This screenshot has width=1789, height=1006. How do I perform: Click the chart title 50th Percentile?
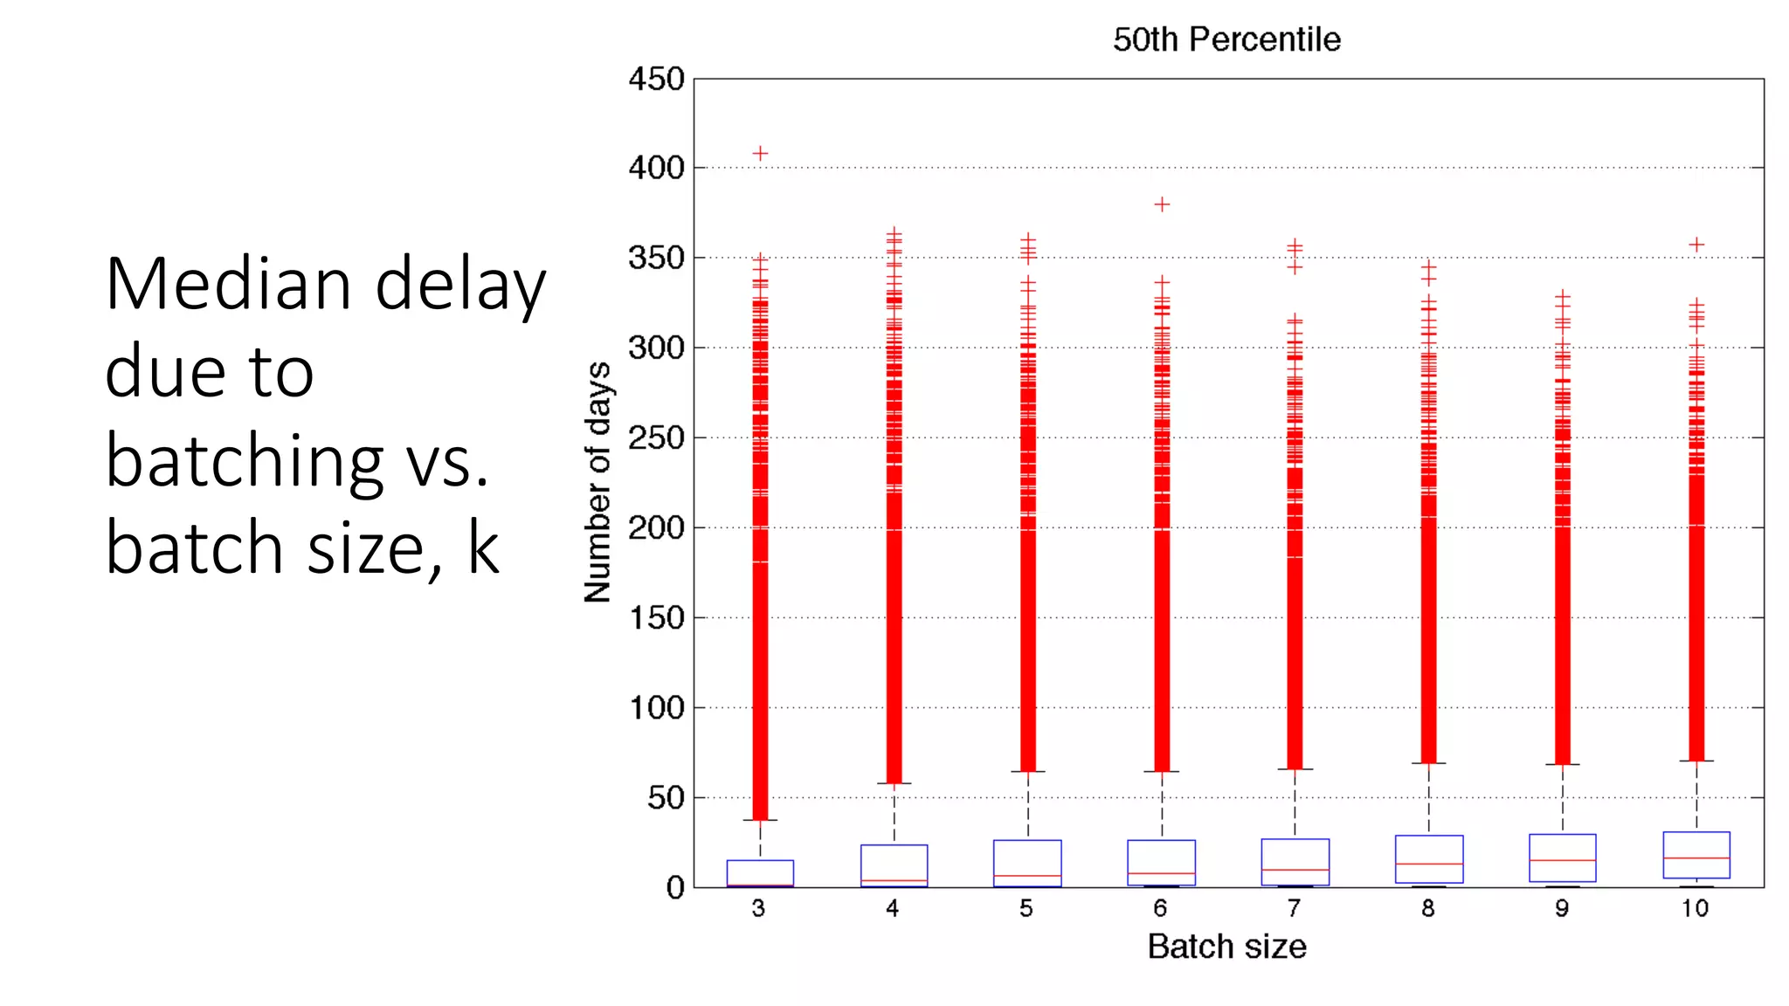(x=1226, y=39)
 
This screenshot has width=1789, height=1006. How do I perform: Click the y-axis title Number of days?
(x=597, y=482)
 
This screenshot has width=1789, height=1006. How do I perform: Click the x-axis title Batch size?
(x=1226, y=947)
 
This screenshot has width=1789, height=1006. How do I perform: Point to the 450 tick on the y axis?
(x=656, y=79)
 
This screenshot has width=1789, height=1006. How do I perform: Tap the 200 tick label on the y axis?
(x=656, y=527)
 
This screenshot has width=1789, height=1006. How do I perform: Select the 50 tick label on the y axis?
(x=666, y=797)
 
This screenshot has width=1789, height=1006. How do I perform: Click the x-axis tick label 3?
(x=758, y=908)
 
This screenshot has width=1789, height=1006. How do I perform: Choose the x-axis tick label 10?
(x=1695, y=908)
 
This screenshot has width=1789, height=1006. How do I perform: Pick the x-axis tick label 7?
(x=1294, y=908)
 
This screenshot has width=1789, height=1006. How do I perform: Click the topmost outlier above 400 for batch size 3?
(x=760, y=154)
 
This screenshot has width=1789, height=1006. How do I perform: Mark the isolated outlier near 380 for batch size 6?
(x=1162, y=204)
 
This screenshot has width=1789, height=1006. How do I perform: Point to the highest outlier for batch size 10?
(x=1696, y=245)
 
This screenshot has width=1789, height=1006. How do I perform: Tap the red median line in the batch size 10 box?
(x=1696, y=858)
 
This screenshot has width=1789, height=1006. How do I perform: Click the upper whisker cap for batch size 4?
(x=894, y=783)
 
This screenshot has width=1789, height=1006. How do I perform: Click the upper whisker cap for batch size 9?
(x=1562, y=764)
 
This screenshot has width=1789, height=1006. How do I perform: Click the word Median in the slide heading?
(x=227, y=284)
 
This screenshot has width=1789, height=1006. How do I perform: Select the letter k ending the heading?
(x=482, y=548)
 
